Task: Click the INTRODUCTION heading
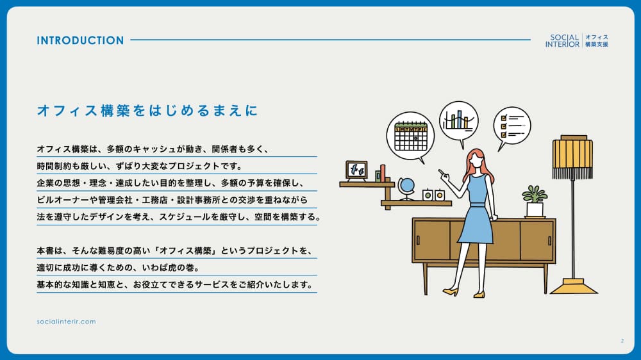tap(80, 40)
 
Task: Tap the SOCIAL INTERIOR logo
tap(576, 40)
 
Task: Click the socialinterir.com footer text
tap(66, 322)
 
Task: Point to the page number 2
tap(622, 341)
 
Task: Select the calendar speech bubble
tap(410, 136)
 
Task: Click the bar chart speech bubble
tap(459, 121)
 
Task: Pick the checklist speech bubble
tap(512, 126)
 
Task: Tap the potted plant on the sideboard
tap(535, 201)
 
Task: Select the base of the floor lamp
tap(574, 286)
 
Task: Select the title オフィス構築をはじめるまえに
tap(147, 110)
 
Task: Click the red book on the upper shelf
tap(383, 173)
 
